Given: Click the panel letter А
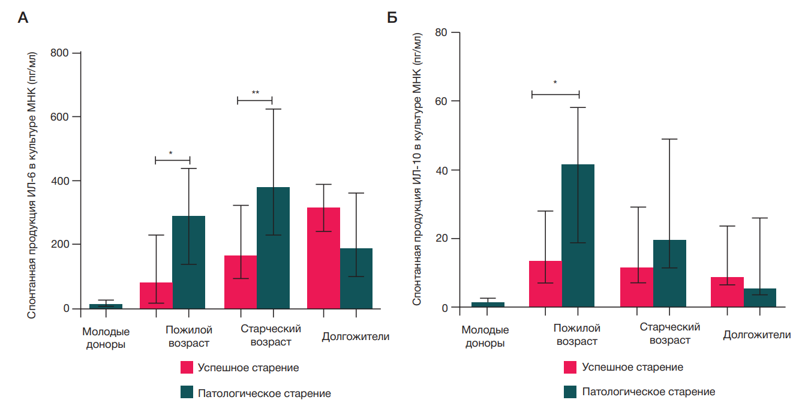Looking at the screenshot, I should [x=23, y=18].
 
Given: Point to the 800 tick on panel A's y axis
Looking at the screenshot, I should [x=62, y=53].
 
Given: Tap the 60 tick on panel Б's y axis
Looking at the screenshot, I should [x=442, y=101].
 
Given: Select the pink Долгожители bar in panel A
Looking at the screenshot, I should [x=323, y=258].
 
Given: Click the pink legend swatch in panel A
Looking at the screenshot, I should [x=187, y=368].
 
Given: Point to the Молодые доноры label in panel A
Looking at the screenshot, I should [x=106, y=338].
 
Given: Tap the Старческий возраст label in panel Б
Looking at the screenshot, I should [x=669, y=333].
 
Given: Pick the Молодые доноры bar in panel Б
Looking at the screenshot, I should [x=488, y=305].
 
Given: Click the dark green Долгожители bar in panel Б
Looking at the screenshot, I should [x=759, y=298].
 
